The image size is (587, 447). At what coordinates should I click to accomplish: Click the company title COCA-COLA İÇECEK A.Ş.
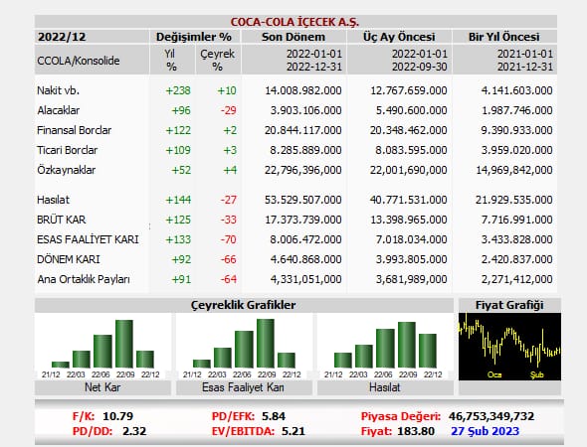pyautogui.click(x=294, y=22)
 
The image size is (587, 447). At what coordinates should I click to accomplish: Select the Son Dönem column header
pyautogui.click(x=293, y=37)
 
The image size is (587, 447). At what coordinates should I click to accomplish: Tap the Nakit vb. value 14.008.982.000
pyautogui.click(x=303, y=90)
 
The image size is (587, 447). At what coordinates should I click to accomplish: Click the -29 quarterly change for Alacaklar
pyautogui.click(x=229, y=110)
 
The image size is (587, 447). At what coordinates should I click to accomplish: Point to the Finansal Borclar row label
pyautogui.click(x=75, y=130)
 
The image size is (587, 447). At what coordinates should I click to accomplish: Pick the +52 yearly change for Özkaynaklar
pyautogui.click(x=181, y=170)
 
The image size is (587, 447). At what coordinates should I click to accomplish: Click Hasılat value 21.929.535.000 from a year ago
pyautogui.click(x=514, y=200)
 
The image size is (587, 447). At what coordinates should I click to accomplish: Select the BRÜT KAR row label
pyautogui.click(x=62, y=220)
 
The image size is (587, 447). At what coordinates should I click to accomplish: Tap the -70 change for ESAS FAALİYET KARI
pyautogui.click(x=229, y=239)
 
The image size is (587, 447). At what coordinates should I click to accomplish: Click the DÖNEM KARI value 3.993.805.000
pyautogui.click(x=412, y=259)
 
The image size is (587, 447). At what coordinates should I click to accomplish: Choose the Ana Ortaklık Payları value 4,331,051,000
pyautogui.click(x=305, y=279)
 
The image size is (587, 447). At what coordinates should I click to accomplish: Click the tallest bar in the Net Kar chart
pyautogui.click(x=124, y=344)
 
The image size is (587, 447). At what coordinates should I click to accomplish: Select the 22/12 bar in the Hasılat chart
pyautogui.click(x=428, y=351)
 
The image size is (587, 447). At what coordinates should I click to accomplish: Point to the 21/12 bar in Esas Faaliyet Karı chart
pyautogui.click(x=202, y=364)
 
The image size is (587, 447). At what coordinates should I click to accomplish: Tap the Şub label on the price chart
pyautogui.click(x=537, y=374)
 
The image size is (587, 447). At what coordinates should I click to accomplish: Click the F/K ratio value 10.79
pyautogui.click(x=118, y=416)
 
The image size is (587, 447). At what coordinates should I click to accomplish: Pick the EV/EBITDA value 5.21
pyautogui.click(x=293, y=431)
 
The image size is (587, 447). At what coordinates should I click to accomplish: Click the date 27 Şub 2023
pyautogui.click(x=486, y=431)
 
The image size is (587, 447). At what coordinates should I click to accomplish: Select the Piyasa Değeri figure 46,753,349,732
pyautogui.click(x=491, y=416)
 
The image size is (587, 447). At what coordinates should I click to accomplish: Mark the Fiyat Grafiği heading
pyautogui.click(x=509, y=305)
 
